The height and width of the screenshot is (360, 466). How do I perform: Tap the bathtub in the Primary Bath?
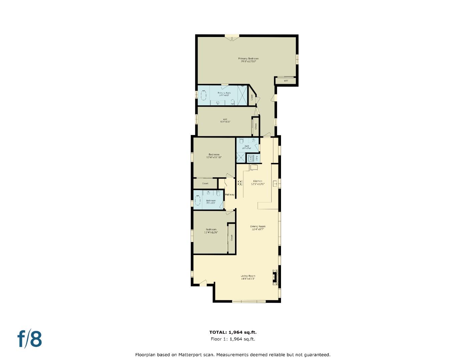[203, 95]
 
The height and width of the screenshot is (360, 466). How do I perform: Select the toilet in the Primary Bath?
[233, 102]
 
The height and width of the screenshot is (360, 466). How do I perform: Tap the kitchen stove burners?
[239, 183]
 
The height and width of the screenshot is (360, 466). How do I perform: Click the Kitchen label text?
[258, 181]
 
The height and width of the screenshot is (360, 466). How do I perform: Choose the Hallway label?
[230, 195]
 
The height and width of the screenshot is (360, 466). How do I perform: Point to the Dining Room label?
[258, 227]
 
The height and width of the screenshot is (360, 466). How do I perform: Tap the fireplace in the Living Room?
[275, 277]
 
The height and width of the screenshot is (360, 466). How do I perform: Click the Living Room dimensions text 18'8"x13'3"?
[248, 279]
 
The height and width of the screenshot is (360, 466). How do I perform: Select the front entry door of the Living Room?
[203, 283]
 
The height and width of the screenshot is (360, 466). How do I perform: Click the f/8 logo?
[30, 339]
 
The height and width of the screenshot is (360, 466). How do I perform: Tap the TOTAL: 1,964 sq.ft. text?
[233, 332]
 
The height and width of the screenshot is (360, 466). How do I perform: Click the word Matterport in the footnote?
[190, 355]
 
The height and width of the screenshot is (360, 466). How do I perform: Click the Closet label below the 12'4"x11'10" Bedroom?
[205, 183]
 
